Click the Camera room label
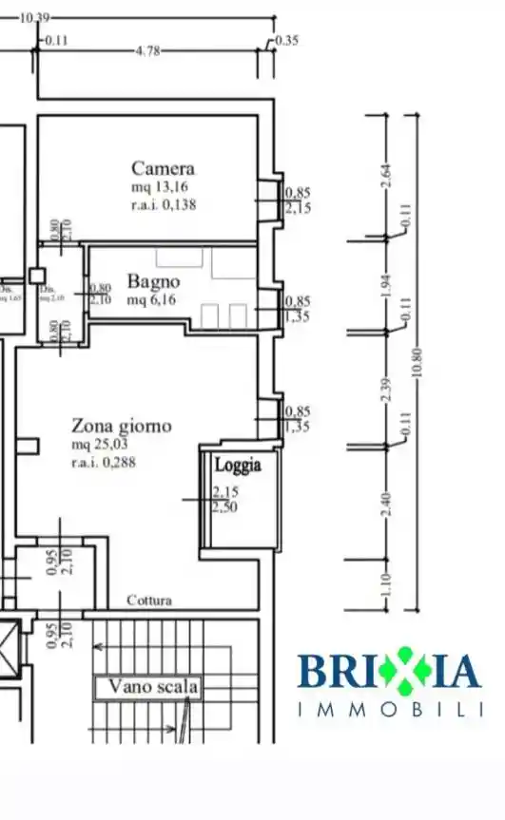[x=163, y=169]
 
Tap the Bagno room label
[x=152, y=282]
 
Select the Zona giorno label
[x=122, y=426]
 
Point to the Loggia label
[x=237, y=466]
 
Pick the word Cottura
[x=149, y=601]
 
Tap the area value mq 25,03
[x=102, y=445]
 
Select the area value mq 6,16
[x=153, y=299]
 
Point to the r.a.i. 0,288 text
[x=107, y=463]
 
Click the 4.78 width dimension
[x=148, y=51]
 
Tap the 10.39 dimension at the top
[x=34, y=18]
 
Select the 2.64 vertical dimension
[x=386, y=176]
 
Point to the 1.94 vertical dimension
[x=386, y=284]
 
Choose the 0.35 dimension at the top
[x=286, y=41]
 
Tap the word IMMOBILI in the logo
[x=390, y=709]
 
